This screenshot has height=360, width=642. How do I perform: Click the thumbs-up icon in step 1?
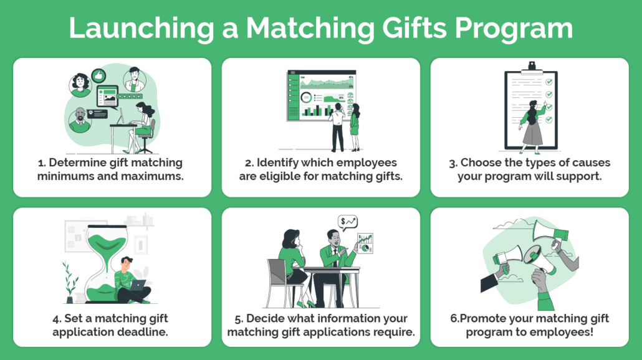pos(98,76)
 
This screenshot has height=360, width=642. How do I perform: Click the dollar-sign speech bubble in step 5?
pos(348,222)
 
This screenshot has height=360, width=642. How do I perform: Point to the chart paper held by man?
pos(365,243)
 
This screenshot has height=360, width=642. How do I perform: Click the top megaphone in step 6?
pos(550,230)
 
